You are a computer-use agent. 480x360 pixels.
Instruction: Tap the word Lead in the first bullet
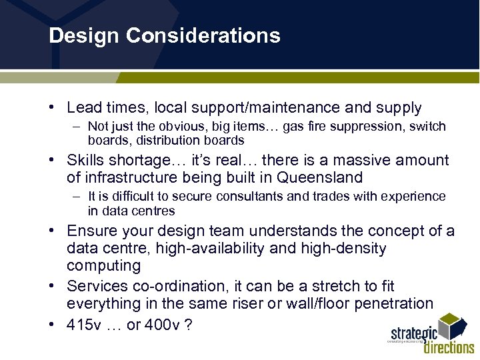pos(82,108)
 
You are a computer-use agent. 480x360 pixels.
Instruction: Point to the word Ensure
pos(90,231)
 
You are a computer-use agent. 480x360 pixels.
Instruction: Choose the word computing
pos(103,266)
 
